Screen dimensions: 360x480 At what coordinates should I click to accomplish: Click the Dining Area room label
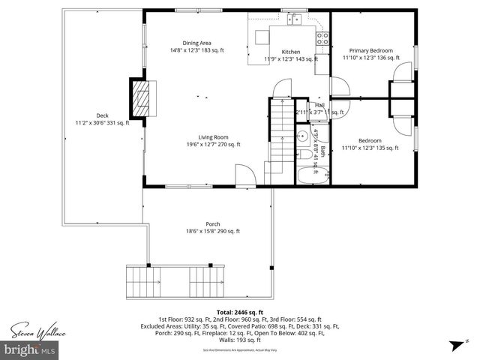coord(197,46)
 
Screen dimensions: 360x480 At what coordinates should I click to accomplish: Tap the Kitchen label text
coord(291,52)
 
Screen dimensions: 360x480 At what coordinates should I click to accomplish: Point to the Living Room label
coord(213,137)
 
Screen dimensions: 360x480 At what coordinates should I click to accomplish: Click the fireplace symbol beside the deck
coord(140,94)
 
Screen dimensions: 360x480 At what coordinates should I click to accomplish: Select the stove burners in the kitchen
coord(322,39)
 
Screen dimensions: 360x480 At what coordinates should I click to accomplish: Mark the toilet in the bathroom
coord(306,154)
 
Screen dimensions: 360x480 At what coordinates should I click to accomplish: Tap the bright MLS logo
coord(30,349)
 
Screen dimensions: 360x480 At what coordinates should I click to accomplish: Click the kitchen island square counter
coord(262,37)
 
